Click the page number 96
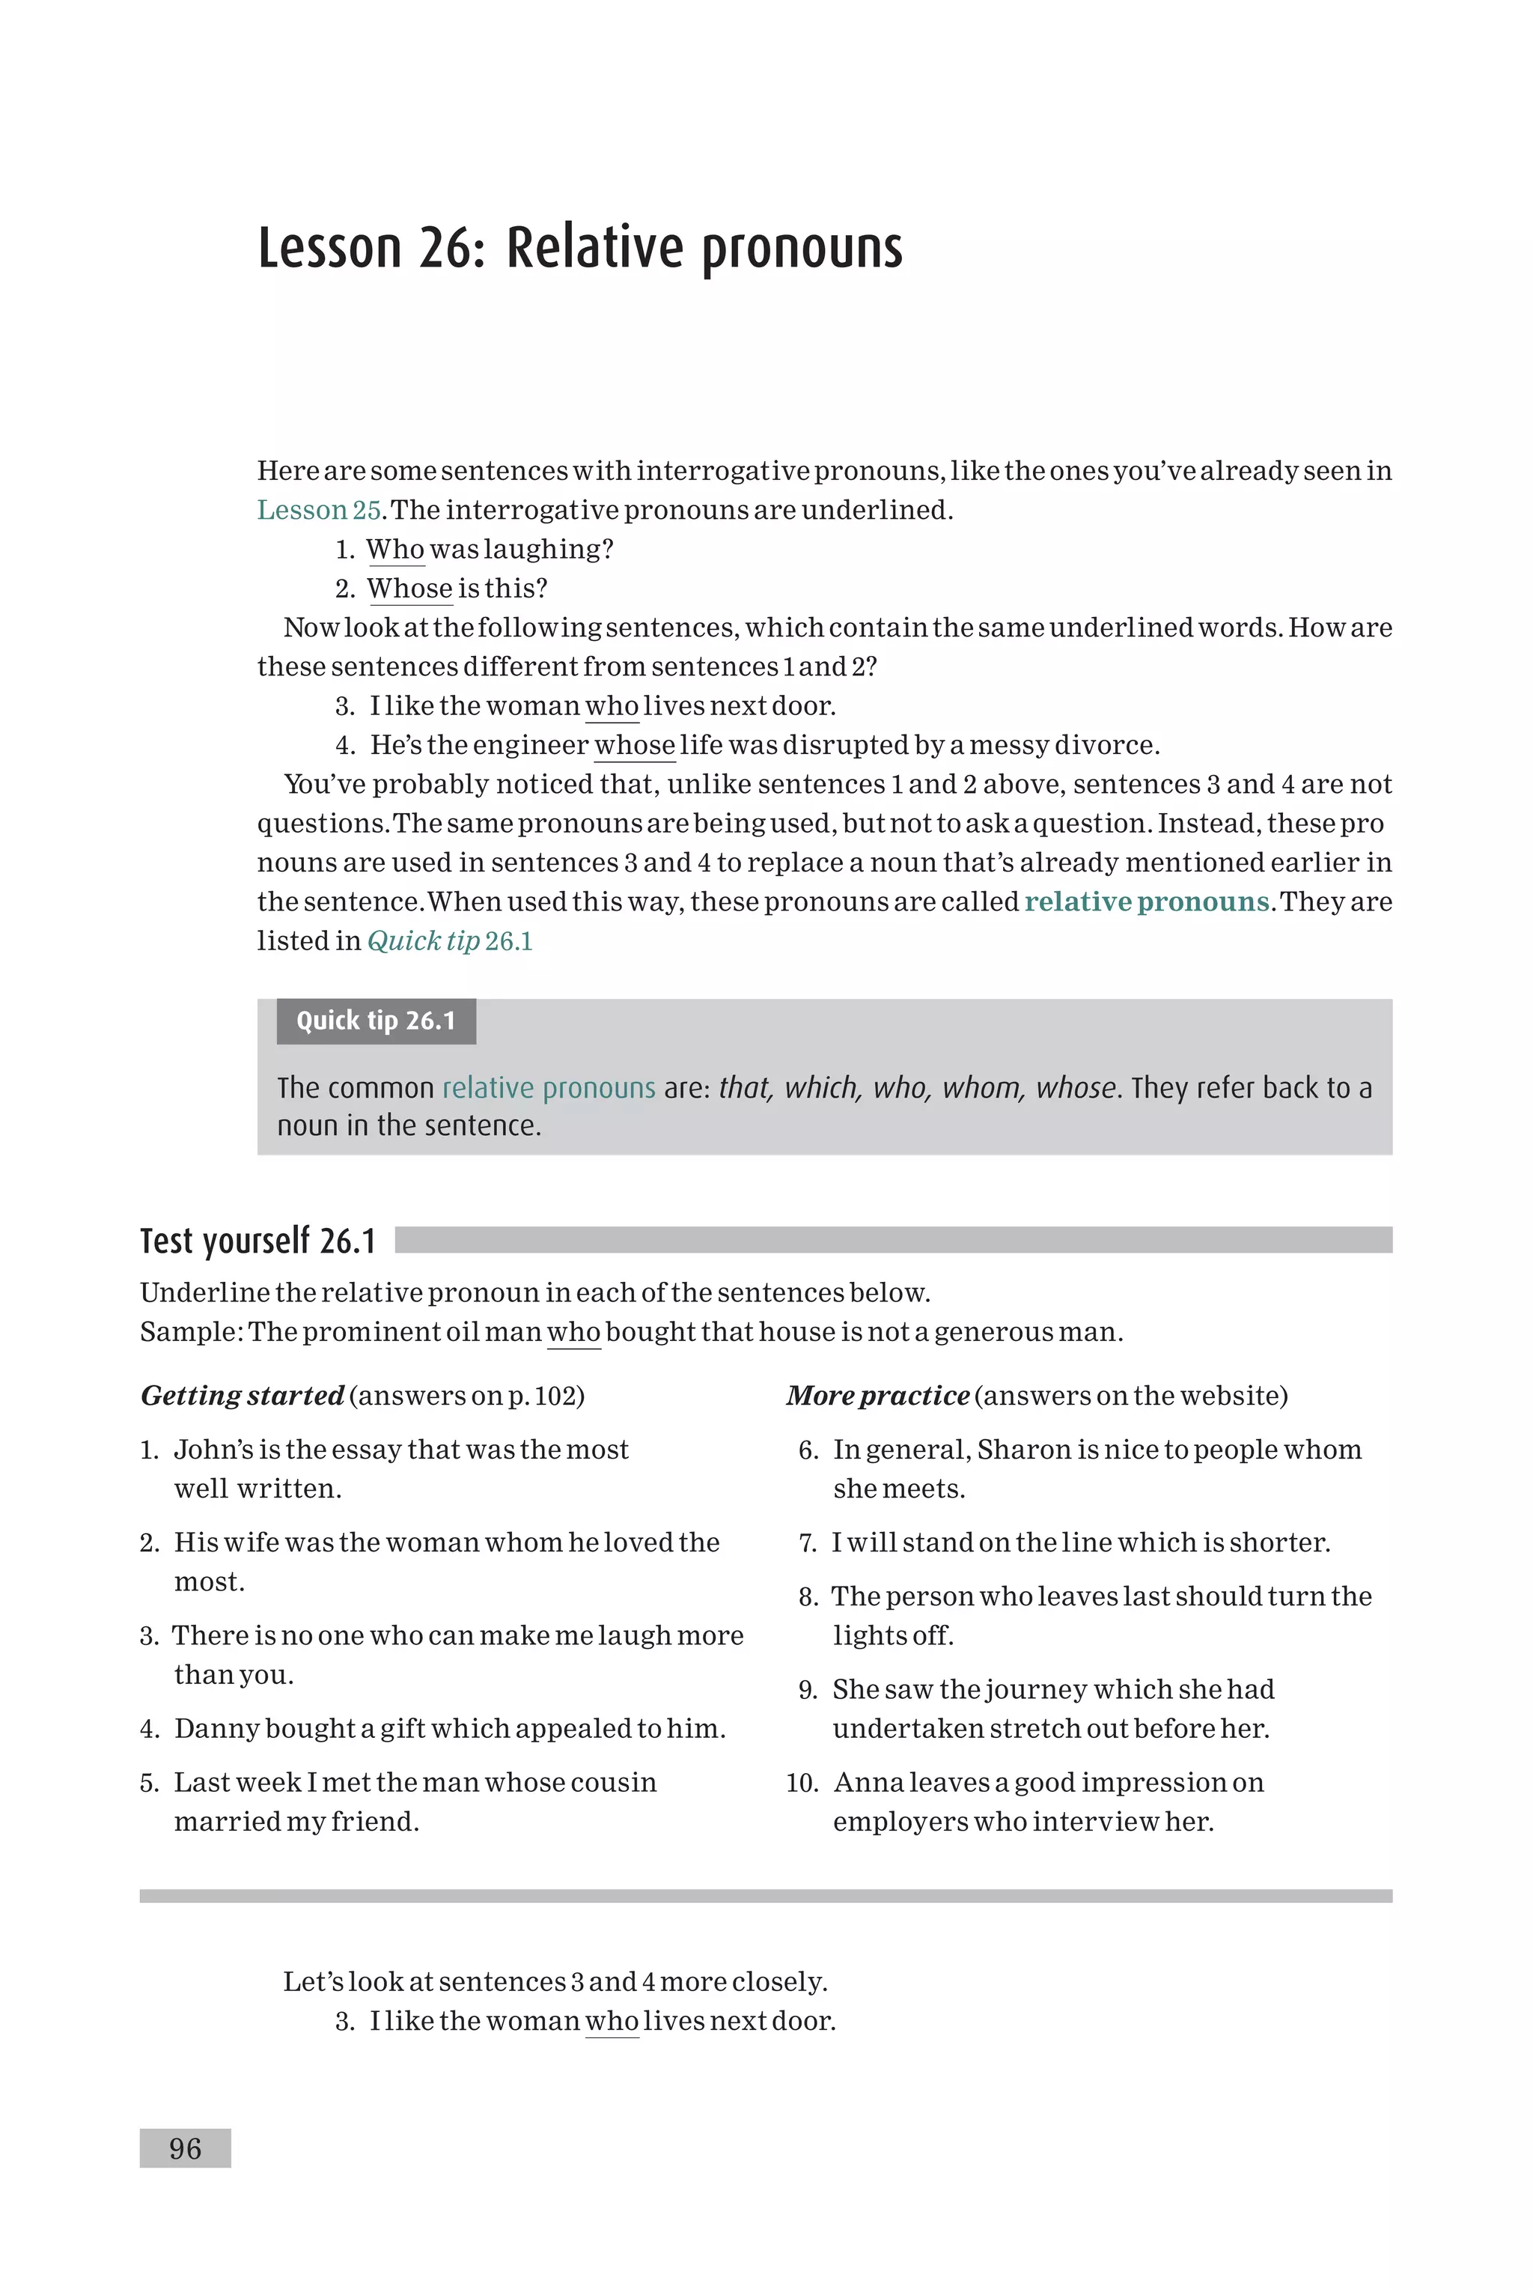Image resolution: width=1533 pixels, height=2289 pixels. click(185, 2148)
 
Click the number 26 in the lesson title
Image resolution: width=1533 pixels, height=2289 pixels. click(447, 249)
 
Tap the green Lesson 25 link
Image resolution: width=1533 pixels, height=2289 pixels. click(317, 511)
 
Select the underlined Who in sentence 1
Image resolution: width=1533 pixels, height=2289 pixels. click(395, 550)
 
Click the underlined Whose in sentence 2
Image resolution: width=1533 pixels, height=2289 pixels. click(409, 589)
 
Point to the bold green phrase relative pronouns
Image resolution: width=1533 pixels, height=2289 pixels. click(1147, 902)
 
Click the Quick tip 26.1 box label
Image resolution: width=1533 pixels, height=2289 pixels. click(376, 1021)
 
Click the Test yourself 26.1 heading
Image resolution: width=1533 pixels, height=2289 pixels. click(258, 1241)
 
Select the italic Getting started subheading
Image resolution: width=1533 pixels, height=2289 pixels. click(243, 1395)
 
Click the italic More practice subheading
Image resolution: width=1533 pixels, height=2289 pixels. click(877, 1395)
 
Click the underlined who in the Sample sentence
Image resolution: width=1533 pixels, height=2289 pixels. click(573, 1333)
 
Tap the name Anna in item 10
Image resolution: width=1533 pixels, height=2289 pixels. click(862, 1783)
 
